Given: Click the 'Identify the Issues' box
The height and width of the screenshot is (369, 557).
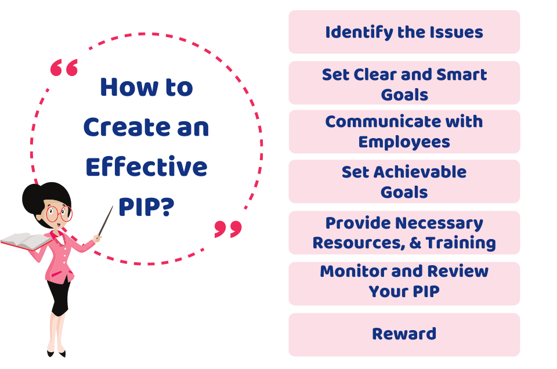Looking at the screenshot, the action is [x=404, y=32].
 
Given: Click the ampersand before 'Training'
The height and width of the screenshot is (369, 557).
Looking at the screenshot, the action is [x=415, y=243].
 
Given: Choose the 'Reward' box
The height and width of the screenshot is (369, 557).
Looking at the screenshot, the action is [x=404, y=335].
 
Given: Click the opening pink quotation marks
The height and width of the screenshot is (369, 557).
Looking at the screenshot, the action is [x=64, y=68].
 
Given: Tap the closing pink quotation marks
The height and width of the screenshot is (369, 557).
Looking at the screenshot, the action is [x=228, y=229].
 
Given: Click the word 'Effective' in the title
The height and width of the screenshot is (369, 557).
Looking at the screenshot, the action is [x=146, y=167].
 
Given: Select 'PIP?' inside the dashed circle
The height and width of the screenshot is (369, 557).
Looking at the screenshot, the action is [x=146, y=207].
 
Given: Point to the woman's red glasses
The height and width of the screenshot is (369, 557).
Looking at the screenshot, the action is [x=59, y=214].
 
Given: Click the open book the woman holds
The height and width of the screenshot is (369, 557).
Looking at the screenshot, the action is [x=26, y=241].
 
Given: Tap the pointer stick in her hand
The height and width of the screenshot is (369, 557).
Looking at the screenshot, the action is [x=106, y=221].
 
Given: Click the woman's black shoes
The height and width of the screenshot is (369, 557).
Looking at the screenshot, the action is [x=56, y=353].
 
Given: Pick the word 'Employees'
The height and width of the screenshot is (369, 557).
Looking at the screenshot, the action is [x=404, y=142].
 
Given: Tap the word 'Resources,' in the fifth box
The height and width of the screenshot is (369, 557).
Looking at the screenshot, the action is [x=359, y=243].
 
